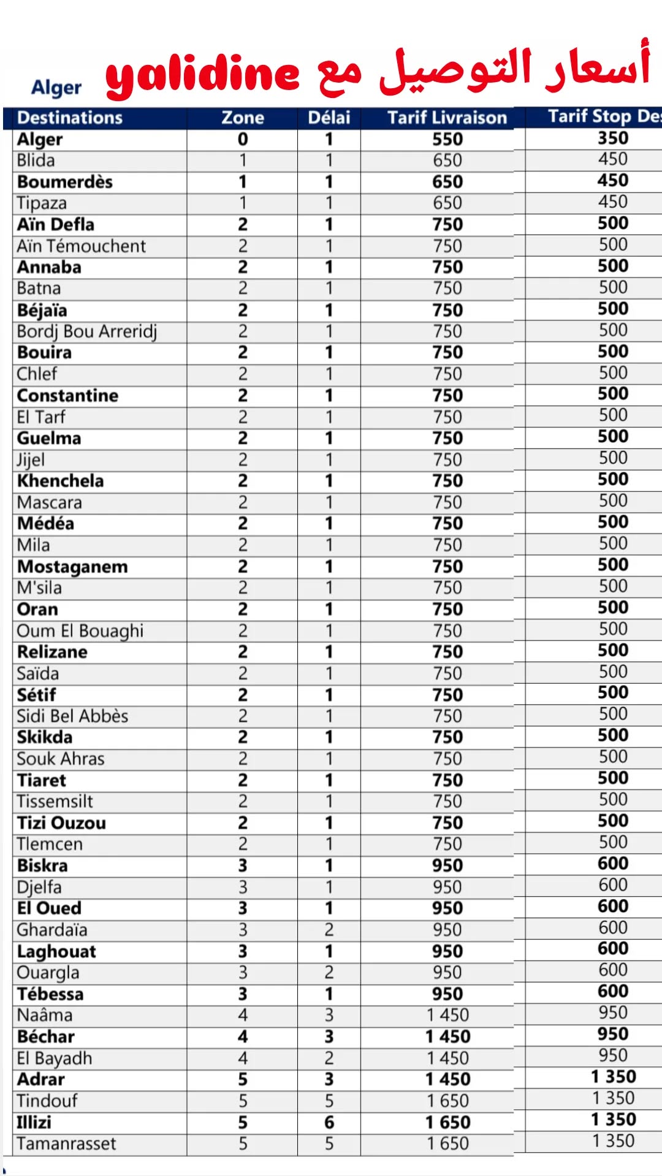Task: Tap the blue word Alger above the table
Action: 56,88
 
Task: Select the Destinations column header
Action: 70,118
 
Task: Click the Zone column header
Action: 243,118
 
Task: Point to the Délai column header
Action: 329,118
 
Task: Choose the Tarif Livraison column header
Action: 447,118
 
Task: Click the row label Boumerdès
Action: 65,182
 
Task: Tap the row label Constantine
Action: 67,396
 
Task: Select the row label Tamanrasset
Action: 66,1144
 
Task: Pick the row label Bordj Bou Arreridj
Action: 87,331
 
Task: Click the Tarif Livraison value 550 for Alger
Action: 447,139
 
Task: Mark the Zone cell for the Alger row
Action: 243,139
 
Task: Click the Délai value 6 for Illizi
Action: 329,1122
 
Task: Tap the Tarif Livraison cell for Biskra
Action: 447,865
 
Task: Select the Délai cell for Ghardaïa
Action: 329,930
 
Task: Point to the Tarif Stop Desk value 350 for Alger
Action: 613,138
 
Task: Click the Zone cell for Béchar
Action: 243,1036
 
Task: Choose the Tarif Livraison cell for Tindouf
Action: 447,1101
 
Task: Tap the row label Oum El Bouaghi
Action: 80,631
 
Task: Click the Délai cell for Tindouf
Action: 329,1101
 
